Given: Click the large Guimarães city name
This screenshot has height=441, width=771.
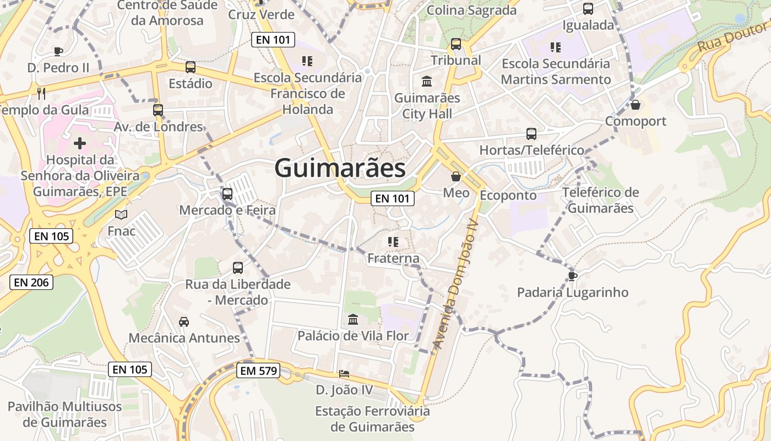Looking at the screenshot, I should point(340,168).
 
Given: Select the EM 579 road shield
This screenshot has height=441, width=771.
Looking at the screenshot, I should point(259,371).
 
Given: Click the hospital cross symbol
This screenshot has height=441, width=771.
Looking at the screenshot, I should point(80,144).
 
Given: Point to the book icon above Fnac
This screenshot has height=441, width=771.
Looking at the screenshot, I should point(121,214).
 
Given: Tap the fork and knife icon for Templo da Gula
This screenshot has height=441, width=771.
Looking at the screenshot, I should point(41,93).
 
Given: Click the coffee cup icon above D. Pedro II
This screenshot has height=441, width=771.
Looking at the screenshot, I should point(58,51).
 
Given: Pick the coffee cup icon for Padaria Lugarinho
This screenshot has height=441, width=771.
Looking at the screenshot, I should point(573,276).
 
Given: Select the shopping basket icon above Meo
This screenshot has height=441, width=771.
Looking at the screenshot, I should point(456,176).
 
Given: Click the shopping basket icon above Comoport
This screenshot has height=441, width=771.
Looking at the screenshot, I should point(636,104).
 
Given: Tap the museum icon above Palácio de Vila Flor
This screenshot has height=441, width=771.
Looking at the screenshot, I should point(353,319).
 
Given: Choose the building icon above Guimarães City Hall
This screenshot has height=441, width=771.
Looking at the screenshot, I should point(427,82).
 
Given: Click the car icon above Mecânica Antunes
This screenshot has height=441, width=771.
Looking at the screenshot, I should point(184,321).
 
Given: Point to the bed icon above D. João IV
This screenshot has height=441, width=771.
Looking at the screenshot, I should point(344,374).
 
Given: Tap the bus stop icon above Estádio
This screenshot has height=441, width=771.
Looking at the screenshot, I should point(191,67).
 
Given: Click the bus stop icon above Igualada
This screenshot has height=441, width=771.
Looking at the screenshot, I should point(588,9).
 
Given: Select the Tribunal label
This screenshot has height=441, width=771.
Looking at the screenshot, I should point(456,60).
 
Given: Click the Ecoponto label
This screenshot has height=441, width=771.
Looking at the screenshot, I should point(508,195).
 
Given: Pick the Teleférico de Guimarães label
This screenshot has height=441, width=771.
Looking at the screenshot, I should point(600,201).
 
